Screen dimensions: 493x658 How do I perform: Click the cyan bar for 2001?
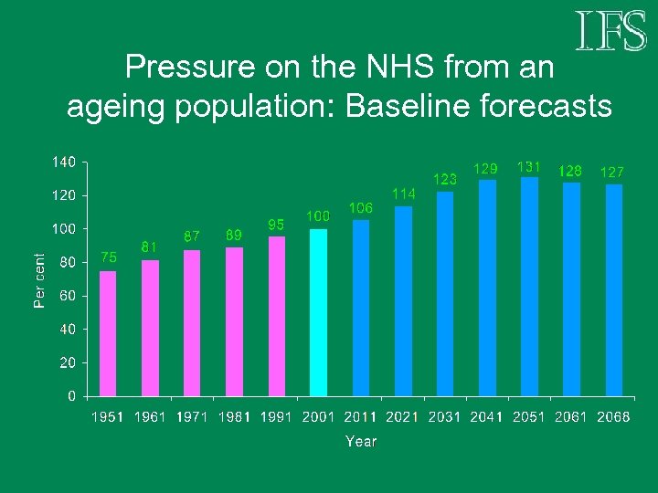pos(318,312)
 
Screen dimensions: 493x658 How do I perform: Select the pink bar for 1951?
pos(108,333)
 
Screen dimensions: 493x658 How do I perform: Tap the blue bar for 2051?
pos(529,287)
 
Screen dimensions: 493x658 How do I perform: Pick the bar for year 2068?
pos(614,290)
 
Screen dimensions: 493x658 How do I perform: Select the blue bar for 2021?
pos(403,301)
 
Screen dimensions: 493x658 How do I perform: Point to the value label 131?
pos(529,167)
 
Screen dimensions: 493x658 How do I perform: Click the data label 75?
pos(108,257)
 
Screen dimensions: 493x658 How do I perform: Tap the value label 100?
pos(318,216)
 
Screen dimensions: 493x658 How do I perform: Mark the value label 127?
pos(612,172)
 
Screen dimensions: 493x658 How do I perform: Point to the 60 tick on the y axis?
pos(68,296)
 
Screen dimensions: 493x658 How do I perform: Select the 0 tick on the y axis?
pos(71,396)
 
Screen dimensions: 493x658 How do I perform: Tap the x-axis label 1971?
pos(192,417)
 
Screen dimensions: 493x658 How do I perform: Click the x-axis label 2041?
pos(487,417)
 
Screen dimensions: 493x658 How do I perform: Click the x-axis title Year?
pos(361,441)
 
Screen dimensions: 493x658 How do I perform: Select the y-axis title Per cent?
pos(39,280)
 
